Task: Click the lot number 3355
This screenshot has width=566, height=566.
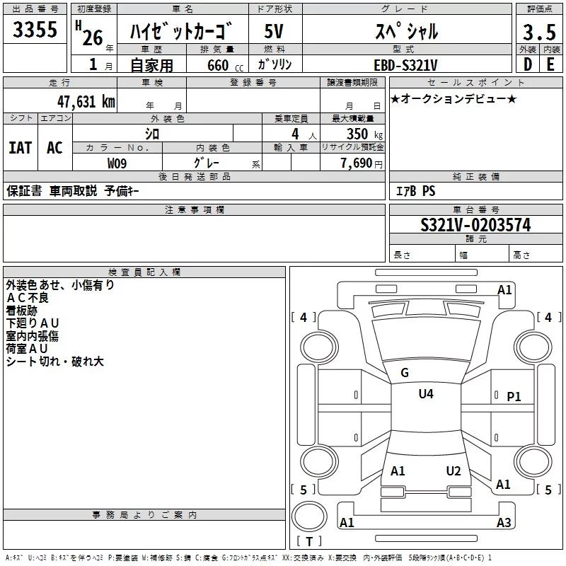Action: point(35,31)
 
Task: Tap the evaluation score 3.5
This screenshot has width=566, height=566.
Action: point(538,33)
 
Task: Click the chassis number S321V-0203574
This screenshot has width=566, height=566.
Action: point(475,225)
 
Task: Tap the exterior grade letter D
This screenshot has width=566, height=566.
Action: point(527,65)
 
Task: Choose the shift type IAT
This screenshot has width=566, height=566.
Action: point(20,147)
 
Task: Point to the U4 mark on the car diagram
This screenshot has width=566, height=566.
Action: point(426,394)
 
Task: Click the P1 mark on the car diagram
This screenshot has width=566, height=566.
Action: point(514,397)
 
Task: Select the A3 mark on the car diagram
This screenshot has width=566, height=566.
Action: point(504,523)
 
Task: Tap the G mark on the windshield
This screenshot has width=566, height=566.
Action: point(405,373)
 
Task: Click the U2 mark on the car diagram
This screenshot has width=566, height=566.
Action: point(454,471)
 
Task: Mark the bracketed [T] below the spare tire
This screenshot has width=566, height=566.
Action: point(309,542)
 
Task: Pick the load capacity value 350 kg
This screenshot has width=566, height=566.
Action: point(360,134)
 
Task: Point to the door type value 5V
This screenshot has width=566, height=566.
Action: point(275,32)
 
